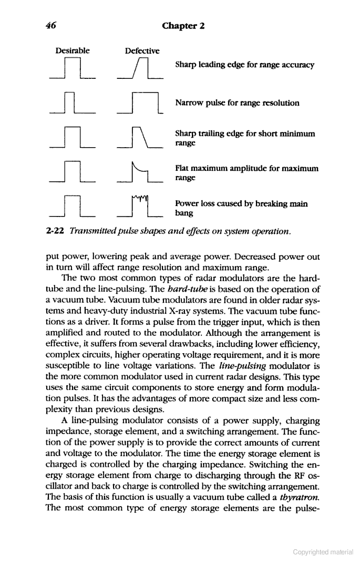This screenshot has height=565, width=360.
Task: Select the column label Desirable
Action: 73,51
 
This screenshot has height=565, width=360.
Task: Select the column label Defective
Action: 142,51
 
